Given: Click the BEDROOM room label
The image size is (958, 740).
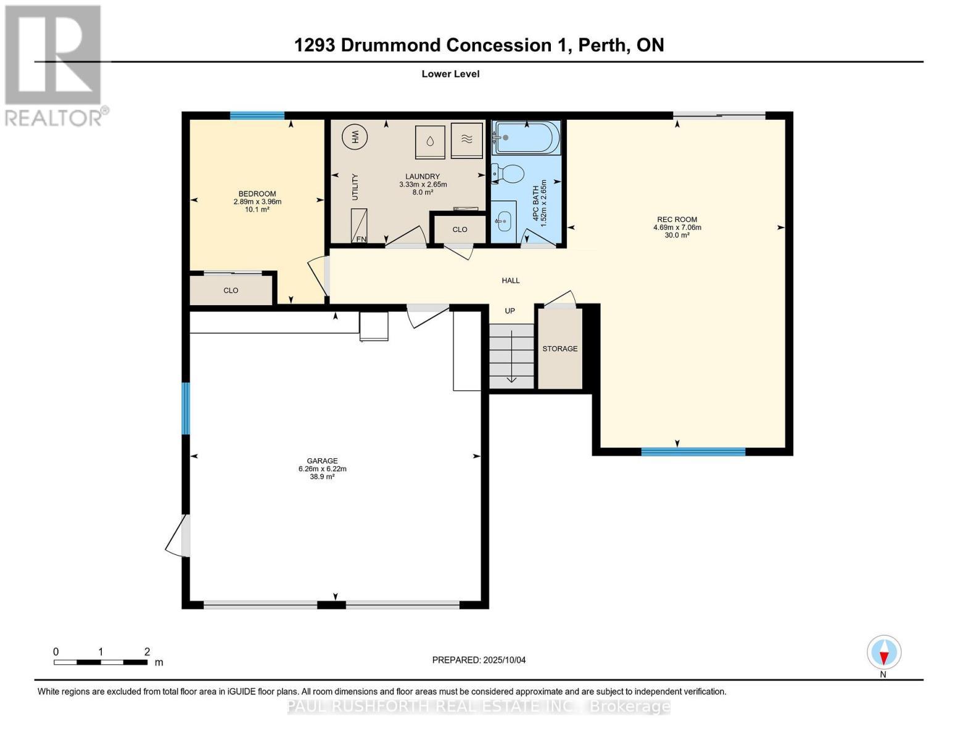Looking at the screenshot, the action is pyautogui.click(x=257, y=194).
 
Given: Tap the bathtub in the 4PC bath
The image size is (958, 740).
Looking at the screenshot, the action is pyautogui.click(x=526, y=138).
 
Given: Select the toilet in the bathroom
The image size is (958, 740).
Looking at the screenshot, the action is pyautogui.click(x=508, y=174).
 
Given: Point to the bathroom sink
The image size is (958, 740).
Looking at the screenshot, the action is pyautogui.click(x=503, y=221).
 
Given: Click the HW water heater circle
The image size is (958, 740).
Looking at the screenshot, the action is pyautogui.click(x=355, y=137).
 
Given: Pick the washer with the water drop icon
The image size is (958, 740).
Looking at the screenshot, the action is pyautogui.click(x=430, y=141).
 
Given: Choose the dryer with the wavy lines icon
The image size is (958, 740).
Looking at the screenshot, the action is pyautogui.click(x=467, y=140).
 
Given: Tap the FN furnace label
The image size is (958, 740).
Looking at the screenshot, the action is pyautogui.click(x=361, y=239).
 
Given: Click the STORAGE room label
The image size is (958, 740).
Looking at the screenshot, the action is pyautogui.click(x=560, y=348).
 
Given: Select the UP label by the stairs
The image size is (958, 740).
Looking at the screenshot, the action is pyautogui.click(x=510, y=311).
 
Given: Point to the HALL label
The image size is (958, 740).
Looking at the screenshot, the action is pyautogui.click(x=511, y=281).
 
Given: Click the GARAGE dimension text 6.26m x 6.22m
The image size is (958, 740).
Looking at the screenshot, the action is pyautogui.click(x=322, y=469).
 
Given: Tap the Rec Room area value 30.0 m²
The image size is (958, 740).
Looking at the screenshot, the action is pyautogui.click(x=677, y=235).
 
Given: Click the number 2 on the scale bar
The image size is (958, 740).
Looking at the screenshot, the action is pyautogui.click(x=147, y=651).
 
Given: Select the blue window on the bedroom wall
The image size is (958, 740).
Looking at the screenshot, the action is pyautogui.click(x=257, y=115).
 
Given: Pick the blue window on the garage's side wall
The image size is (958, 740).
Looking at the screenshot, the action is pyautogui.click(x=186, y=408).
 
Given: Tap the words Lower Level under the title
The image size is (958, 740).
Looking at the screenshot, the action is pyautogui.click(x=450, y=73).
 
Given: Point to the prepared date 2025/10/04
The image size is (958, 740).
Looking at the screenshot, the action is pyautogui.click(x=505, y=660).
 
